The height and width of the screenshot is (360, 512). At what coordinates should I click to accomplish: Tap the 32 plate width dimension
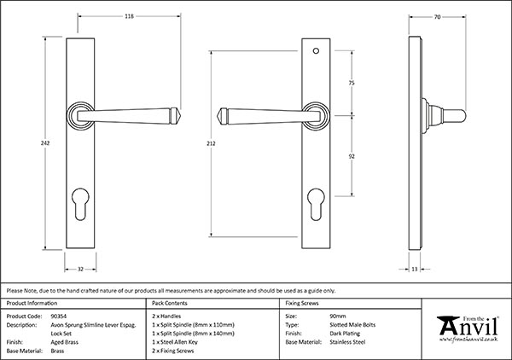pos(79,269)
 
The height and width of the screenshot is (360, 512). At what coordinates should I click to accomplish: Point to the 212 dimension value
pos(199,144)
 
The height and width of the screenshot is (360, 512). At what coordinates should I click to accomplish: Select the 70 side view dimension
pos(438,15)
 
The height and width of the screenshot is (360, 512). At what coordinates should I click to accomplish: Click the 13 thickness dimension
pos(415,269)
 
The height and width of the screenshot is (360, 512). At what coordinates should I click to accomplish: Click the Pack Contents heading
pos(172,303)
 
